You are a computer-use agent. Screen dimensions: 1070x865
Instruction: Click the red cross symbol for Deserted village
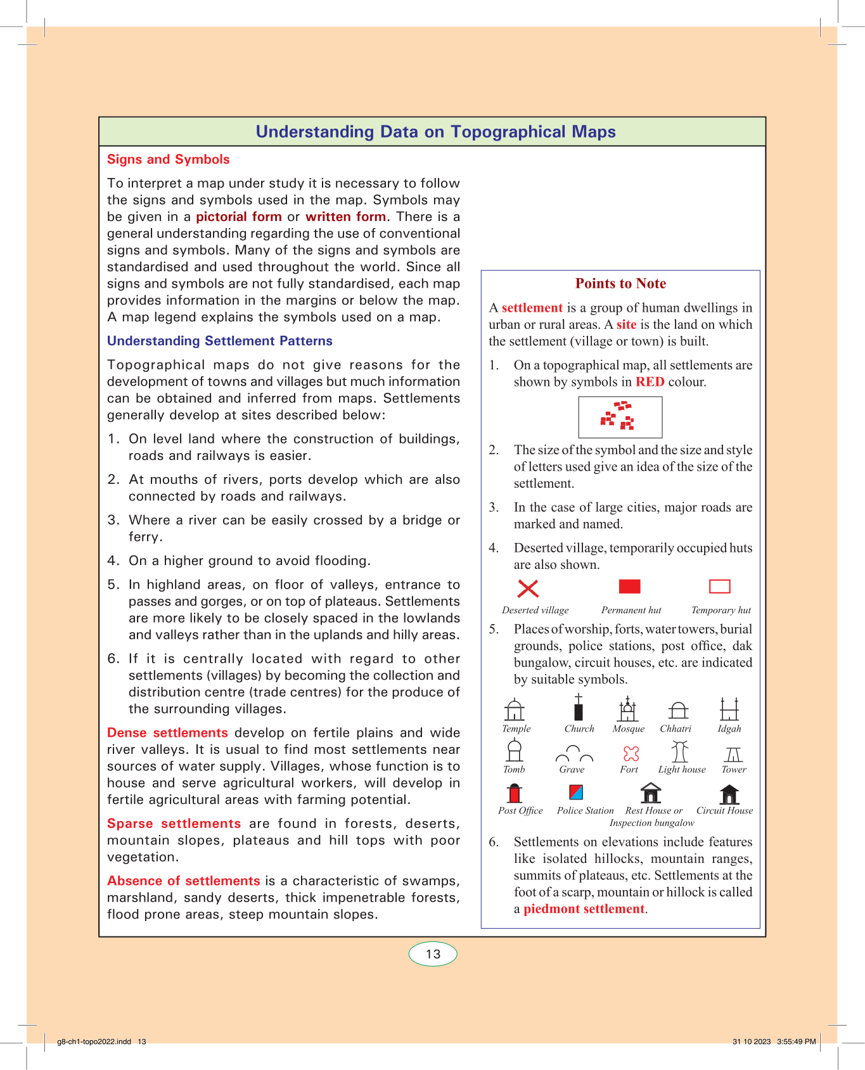tap(528, 589)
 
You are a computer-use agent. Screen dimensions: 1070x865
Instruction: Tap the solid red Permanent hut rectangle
tap(629, 587)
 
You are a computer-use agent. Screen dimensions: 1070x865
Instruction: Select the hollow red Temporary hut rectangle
tap(719, 587)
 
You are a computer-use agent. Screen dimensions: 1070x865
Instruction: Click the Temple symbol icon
tap(515, 710)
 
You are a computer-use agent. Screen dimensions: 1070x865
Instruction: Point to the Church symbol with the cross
tap(579, 708)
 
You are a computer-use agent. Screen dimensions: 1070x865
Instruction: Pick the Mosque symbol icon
tap(628, 709)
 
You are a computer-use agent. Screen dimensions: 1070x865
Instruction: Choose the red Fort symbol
tap(631, 753)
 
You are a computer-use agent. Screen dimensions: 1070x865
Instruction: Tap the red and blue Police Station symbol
tap(576, 793)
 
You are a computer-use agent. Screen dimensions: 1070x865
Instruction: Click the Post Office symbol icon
tap(515, 793)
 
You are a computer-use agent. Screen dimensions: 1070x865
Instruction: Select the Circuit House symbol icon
tap(729, 794)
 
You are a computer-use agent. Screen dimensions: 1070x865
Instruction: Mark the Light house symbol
tap(680, 751)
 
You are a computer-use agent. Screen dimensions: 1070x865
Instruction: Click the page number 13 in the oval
tap(433, 954)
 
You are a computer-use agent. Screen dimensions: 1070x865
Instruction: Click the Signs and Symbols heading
tap(169, 160)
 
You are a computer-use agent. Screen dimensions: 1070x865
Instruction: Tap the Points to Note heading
tap(620, 284)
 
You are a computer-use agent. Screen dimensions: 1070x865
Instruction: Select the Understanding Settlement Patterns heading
tap(220, 341)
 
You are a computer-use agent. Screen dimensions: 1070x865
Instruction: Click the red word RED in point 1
tap(650, 382)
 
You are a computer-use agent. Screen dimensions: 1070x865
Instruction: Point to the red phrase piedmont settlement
tap(584, 909)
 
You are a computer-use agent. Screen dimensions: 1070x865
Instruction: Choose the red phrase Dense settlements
tap(167, 733)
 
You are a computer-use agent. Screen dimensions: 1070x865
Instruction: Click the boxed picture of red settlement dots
tap(620, 417)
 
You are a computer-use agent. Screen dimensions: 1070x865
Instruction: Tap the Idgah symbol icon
tap(729, 709)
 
